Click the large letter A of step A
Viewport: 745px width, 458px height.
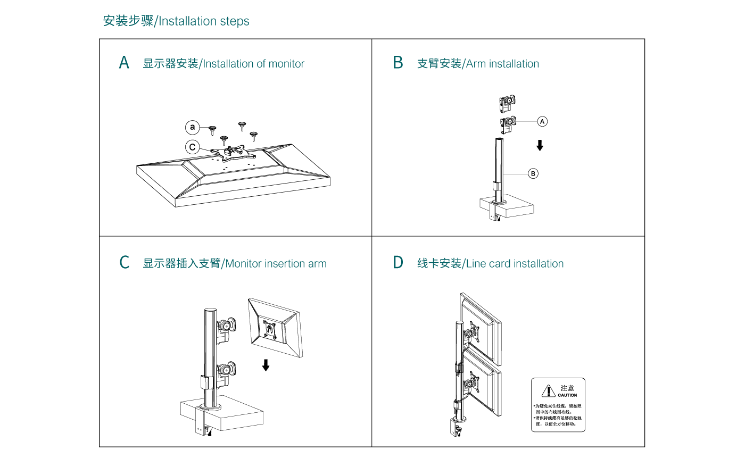point(124,63)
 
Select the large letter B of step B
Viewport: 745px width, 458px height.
point(398,63)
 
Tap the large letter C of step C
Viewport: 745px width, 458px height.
point(124,263)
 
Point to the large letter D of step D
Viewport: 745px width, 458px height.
point(398,263)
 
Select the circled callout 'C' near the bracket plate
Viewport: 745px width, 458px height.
point(193,147)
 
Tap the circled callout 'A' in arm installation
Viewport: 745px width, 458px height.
point(542,121)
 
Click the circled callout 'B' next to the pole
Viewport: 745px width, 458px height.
point(533,173)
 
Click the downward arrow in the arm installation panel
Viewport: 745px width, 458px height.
point(540,145)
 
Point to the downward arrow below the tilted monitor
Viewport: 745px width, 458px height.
point(266,365)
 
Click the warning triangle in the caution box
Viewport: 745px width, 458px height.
point(548,392)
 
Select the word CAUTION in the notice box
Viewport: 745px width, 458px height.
point(567,395)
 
